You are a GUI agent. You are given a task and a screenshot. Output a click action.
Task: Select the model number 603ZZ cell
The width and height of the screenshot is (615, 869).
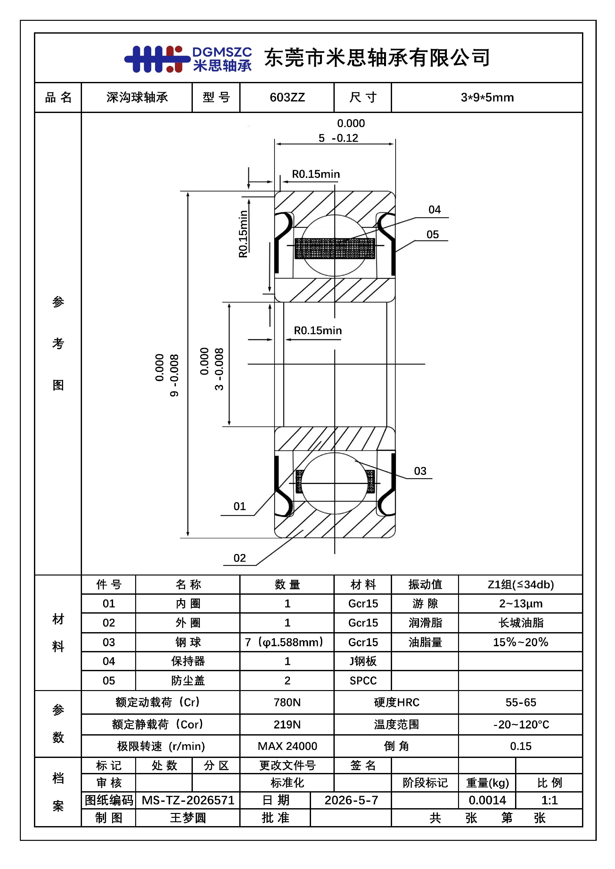[x=287, y=98]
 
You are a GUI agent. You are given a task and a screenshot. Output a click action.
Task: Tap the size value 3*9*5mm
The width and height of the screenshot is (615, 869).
[x=487, y=98]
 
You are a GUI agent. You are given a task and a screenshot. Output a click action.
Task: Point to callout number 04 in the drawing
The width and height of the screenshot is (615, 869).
[x=434, y=210]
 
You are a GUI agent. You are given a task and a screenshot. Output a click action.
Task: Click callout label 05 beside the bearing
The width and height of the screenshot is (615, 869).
[x=432, y=235]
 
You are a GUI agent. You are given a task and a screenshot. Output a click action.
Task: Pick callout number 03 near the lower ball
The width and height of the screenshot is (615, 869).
[x=420, y=471]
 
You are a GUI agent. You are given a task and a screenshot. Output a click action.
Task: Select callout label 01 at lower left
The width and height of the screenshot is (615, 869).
[x=239, y=506]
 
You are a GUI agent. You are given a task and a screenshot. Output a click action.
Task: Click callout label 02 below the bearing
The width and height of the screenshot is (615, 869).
[x=239, y=558]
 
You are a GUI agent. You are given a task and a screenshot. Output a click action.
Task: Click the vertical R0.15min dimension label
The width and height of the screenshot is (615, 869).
[x=243, y=234]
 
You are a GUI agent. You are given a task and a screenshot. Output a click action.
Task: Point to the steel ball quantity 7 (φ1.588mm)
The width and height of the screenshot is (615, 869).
[x=284, y=642]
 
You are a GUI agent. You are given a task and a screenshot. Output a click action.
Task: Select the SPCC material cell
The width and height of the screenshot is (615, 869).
[x=363, y=680]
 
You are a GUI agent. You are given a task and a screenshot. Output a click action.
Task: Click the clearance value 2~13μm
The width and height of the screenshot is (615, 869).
[x=521, y=603]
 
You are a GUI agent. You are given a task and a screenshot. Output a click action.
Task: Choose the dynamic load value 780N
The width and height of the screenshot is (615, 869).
[x=287, y=703]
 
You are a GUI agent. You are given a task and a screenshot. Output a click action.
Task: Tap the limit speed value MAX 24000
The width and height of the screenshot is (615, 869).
[x=287, y=746]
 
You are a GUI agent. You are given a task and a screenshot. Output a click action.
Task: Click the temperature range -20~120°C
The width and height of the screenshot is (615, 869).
[x=521, y=724]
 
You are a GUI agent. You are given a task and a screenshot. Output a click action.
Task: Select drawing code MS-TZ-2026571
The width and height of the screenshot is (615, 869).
[x=188, y=800]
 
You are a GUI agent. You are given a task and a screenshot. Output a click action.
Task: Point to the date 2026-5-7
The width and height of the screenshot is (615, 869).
[x=351, y=800]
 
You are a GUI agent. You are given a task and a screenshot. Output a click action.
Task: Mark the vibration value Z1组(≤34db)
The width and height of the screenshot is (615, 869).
[x=521, y=584]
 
